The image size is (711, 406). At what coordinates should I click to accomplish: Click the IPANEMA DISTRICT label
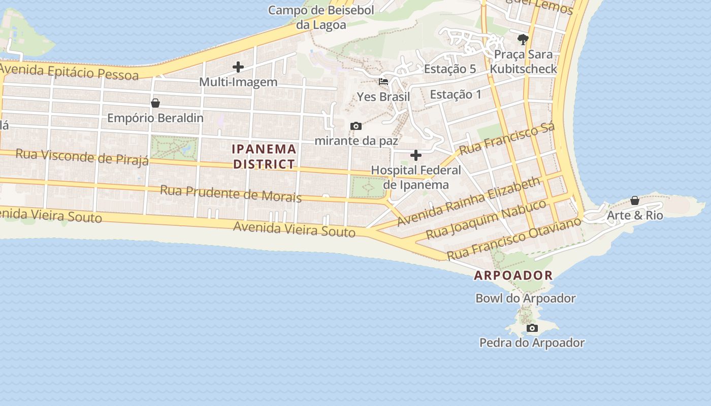tap(264, 156)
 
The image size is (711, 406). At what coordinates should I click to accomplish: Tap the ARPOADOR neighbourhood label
tap(513, 276)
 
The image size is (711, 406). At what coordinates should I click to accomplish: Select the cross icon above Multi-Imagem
tap(238, 67)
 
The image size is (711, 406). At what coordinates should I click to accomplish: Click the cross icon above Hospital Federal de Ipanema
tap(416, 155)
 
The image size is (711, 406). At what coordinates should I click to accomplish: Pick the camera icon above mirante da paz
tap(356, 126)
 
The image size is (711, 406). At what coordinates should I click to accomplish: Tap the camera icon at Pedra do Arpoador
tap(532, 328)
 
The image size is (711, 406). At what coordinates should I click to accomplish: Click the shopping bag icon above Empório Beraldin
tap(155, 104)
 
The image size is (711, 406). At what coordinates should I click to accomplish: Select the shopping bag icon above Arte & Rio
tap(635, 201)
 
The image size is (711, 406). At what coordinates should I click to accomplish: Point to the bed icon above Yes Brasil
tap(383, 82)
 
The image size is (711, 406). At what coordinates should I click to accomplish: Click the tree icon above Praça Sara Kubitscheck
tap(523, 39)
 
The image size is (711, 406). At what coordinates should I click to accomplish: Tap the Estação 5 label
tap(449, 69)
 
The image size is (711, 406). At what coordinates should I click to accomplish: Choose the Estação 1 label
tap(456, 94)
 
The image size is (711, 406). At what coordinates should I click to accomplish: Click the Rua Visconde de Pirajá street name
tap(82, 157)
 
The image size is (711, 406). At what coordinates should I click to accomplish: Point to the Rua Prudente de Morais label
tap(231, 194)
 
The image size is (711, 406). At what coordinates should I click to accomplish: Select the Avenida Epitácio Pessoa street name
tap(70, 72)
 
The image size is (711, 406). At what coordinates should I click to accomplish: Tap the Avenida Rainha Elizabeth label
tap(468, 202)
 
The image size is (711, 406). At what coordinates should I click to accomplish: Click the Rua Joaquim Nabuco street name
tap(486, 219)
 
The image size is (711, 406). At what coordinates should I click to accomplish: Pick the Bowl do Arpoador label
tap(525, 298)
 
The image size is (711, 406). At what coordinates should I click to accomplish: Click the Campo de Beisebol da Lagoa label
tap(321, 17)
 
